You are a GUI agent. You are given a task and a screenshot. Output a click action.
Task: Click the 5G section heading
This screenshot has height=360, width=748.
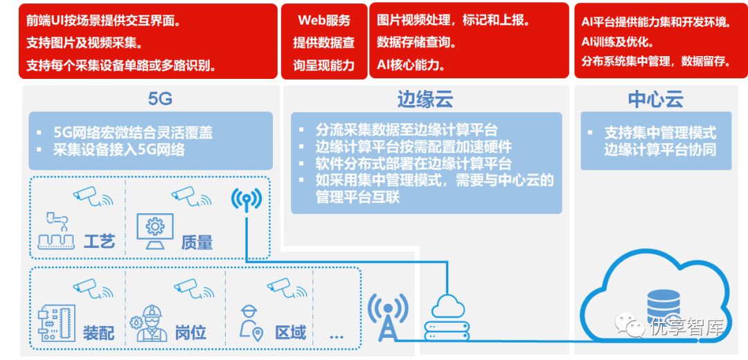(160, 99)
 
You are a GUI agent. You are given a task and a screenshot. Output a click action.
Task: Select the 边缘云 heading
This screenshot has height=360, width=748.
(425, 99)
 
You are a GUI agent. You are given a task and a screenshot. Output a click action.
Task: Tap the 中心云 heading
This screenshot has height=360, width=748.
(655, 99)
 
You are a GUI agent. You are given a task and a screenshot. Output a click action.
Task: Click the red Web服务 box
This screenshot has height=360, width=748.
(323, 42)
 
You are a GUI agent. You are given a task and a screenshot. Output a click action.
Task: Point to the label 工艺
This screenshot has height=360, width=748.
(99, 242)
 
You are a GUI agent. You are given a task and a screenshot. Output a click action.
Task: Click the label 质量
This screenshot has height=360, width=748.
(197, 242)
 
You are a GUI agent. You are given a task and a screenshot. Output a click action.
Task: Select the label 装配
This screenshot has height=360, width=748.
(98, 333)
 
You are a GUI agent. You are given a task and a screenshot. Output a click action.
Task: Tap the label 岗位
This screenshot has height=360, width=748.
(190, 333)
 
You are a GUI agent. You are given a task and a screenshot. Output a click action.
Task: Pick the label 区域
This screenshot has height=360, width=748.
(290, 333)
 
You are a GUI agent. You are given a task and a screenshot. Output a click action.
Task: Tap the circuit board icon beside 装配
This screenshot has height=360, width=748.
(56, 322)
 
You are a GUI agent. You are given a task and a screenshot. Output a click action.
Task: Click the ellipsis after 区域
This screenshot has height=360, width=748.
(337, 336)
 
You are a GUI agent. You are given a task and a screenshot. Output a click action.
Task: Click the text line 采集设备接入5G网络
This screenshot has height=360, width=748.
(118, 150)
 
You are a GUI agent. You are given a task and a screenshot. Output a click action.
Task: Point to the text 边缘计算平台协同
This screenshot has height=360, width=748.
(659, 150)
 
